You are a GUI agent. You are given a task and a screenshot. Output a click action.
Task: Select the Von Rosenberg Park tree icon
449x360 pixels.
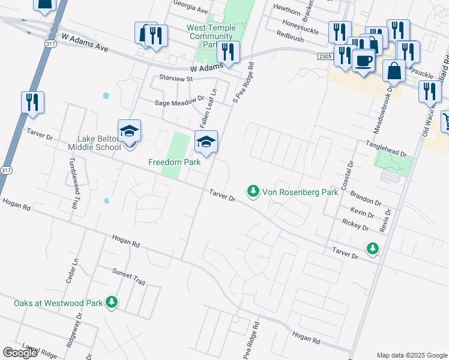(x=253, y=191)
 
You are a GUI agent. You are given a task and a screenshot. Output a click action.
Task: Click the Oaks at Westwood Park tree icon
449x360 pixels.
(x=111, y=303)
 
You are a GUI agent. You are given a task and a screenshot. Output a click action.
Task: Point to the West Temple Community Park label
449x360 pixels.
(x=211, y=36)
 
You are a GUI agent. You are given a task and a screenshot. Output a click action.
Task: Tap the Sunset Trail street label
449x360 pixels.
(x=128, y=277)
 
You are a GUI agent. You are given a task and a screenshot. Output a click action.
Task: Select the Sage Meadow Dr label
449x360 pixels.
(x=179, y=103)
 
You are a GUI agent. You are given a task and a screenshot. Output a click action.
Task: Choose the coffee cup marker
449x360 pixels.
(x=363, y=61)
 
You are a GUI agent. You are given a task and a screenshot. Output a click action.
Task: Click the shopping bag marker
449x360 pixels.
(x=394, y=71)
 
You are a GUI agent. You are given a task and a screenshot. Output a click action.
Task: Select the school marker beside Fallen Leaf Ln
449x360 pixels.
(x=205, y=143)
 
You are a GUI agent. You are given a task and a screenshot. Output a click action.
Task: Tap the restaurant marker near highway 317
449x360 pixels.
(x=32, y=102)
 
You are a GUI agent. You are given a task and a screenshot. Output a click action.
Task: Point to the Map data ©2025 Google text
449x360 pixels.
(x=412, y=355)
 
